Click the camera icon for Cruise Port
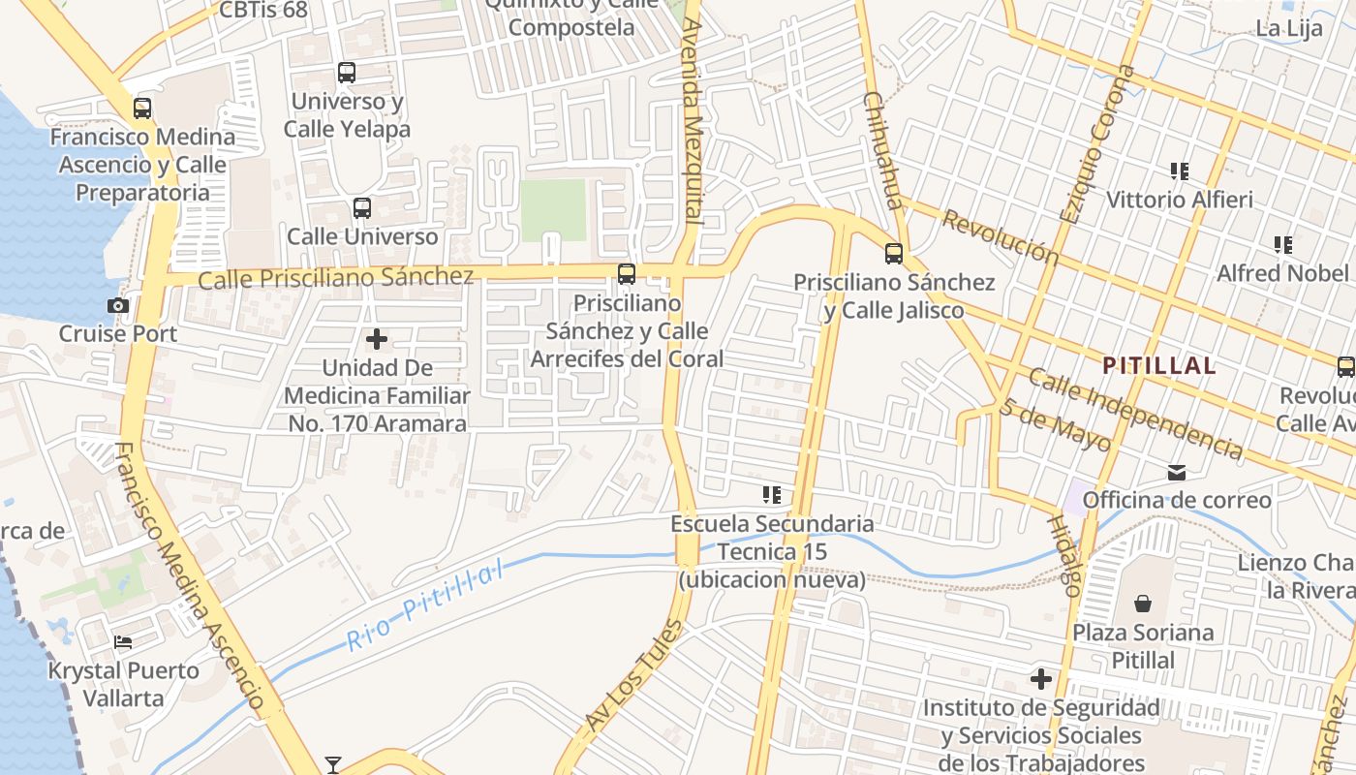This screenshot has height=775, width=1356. tap(118, 306)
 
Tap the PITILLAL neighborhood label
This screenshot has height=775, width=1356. tap(1159, 365)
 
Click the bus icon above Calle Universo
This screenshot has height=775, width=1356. tap(361, 207)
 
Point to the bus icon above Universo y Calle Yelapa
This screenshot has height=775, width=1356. tap(346, 73)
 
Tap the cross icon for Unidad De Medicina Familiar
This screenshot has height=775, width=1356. tap(377, 339)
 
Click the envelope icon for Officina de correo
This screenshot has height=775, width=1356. tap(1177, 473)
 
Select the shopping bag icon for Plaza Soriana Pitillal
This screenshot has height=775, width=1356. tap(1143, 604)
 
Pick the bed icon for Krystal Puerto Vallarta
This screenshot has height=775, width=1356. tap(123, 641)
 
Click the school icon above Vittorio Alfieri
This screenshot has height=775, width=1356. tap(1179, 171)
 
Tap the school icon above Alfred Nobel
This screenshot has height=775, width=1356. tap(1283, 245)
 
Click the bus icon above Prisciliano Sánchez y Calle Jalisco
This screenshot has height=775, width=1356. tap(893, 254)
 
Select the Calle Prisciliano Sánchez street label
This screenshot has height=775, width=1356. tap(335, 278)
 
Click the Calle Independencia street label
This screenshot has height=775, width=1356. tap(1134, 413)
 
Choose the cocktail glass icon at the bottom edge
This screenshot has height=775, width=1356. tap(333, 765)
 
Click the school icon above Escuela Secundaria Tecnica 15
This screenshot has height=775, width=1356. tap(771, 496)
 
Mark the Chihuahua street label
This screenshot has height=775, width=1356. tap(881, 150)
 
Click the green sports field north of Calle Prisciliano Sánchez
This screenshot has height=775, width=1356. tap(553, 209)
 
